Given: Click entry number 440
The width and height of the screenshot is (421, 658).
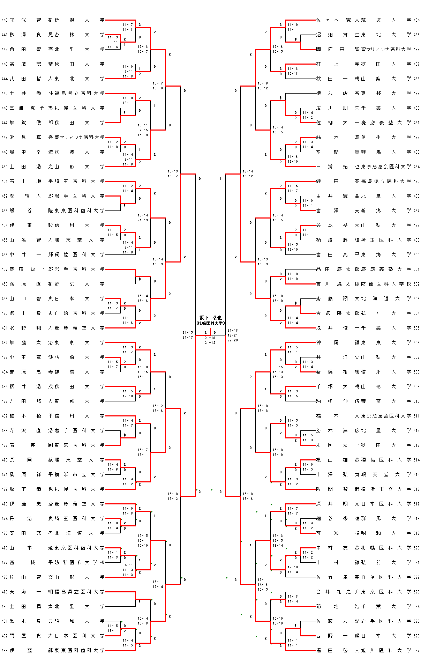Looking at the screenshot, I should click(x=5, y=20).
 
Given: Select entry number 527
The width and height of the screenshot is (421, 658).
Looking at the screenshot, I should click(x=416, y=650).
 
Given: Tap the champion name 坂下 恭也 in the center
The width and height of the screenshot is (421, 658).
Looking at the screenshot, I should click(x=210, y=318).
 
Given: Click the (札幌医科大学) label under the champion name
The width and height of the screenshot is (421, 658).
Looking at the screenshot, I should click(x=210, y=323).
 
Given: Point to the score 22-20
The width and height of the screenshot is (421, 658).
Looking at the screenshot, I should click(x=233, y=340).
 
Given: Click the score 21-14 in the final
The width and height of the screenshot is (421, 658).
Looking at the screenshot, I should click(x=210, y=343).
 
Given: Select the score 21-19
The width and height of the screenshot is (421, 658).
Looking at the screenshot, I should click(x=143, y=220).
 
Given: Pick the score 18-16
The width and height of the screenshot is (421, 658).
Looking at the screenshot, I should click(x=248, y=499).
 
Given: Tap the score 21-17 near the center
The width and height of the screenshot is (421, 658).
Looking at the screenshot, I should click(x=188, y=338).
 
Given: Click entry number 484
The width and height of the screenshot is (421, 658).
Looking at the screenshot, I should click(x=416, y=20).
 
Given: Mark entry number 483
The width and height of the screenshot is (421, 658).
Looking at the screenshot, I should click(x=5, y=650).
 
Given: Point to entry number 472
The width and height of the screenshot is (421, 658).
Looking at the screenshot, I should click(x=5, y=489).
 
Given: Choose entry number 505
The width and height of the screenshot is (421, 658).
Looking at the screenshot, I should click(x=416, y=328).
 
